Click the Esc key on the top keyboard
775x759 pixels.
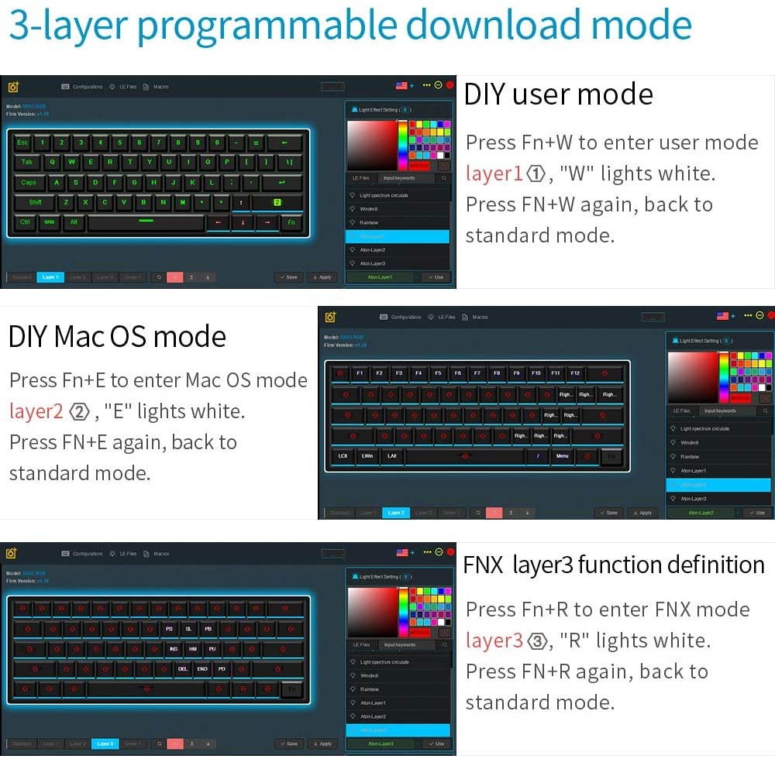tap(22, 143)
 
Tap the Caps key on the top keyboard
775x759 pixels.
tap(29, 183)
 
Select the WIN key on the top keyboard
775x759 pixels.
tap(49, 222)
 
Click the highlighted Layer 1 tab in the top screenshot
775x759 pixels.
tap(50, 277)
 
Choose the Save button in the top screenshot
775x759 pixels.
tap(288, 277)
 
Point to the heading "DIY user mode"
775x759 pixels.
tap(558, 94)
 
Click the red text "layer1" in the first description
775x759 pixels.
tap(494, 173)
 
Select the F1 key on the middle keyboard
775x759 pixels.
tap(360, 373)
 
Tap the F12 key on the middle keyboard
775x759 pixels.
tap(575, 373)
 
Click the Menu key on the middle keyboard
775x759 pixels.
tap(563, 456)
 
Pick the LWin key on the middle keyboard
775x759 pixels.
tap(367, 456)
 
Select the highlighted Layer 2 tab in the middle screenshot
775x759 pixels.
tap(395, 513)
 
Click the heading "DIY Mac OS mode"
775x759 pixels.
tap(117, 337)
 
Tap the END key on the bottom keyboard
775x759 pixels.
tap(202, 668)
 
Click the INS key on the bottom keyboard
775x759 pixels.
tap(173, 649)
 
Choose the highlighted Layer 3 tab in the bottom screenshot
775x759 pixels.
tap(105, 744)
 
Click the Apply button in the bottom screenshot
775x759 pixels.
tap(322, 744)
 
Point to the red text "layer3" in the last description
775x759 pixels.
tap(494, 641)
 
